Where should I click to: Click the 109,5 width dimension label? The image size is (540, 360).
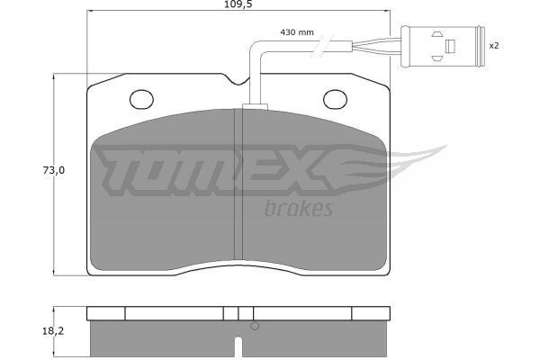[238, 4]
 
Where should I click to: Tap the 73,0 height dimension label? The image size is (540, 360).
[54, 170]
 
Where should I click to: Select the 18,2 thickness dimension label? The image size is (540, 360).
[53, 331]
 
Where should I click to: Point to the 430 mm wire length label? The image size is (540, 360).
[297, 32]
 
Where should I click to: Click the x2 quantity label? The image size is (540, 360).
[494, 46]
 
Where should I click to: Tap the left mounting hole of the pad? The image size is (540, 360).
[141, 99]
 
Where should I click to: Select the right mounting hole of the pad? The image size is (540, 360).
[335, 99]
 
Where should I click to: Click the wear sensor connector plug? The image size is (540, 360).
[443, 47]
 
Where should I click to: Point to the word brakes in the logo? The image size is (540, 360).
[299, 209]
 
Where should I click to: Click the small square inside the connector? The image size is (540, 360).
[450, 46]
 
